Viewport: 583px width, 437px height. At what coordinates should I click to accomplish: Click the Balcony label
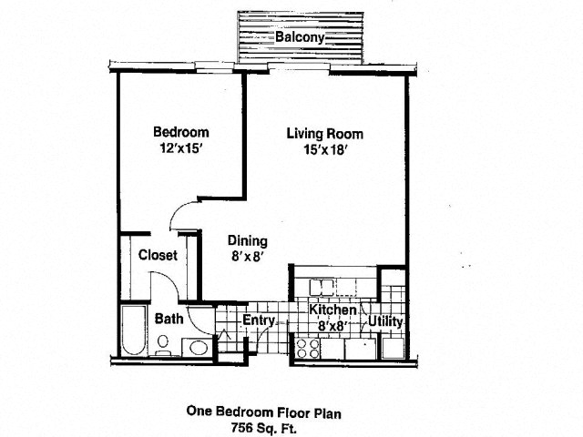[x=300, y=37]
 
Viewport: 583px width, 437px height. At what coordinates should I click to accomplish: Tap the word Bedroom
[x=181, y=132]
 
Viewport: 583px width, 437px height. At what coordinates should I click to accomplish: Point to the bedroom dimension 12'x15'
[x=181, y=148]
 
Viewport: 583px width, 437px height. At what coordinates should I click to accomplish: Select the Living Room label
[x=324, y=134]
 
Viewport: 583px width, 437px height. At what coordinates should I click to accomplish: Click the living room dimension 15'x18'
[x=326, y=149]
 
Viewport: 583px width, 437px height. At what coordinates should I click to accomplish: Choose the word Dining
[x=248, y=240]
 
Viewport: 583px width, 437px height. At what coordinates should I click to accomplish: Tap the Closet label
[x=158, y=255]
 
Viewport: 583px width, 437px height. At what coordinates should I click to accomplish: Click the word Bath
[x=169, y=319]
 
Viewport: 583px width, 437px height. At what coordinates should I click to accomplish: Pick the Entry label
[x=259, y=320]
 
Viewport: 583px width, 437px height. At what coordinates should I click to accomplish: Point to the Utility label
[x=385, y=321]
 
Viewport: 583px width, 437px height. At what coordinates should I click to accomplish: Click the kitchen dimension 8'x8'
[x=333, y=326]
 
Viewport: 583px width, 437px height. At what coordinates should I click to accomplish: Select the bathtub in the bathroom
[x=134, y=330]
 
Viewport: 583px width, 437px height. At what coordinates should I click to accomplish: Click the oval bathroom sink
[x=199, y=348]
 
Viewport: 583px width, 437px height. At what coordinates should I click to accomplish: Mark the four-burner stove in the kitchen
[x=308, y=349]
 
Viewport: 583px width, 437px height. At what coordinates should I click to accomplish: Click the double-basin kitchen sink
[x=322, y=287]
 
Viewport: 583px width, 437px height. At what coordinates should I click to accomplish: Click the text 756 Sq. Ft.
[x=263, y=428]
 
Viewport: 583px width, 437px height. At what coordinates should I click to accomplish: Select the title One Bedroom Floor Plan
[x=263, y=412]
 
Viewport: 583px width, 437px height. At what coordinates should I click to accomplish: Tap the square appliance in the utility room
[x=394, y=348]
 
